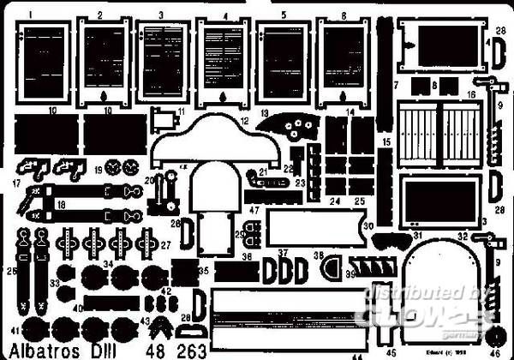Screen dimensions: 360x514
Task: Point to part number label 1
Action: pos(30,15)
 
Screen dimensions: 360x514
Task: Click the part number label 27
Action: pos(164,244)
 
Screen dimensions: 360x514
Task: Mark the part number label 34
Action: pos(108,263)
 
